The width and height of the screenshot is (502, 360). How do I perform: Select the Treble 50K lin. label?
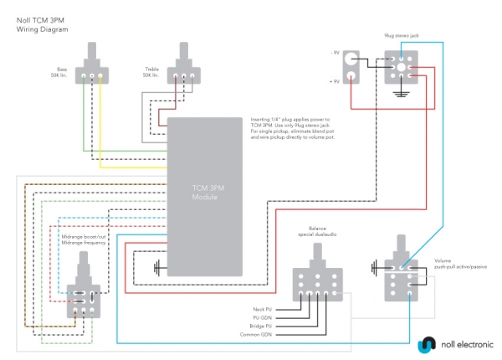pos(152,72)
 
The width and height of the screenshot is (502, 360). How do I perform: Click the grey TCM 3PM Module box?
pos(205,197)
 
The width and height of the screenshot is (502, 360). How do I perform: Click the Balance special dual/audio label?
pos(317,231)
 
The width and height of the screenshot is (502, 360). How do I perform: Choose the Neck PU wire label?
pos(264,310)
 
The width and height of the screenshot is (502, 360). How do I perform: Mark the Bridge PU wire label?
pos(264,327)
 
